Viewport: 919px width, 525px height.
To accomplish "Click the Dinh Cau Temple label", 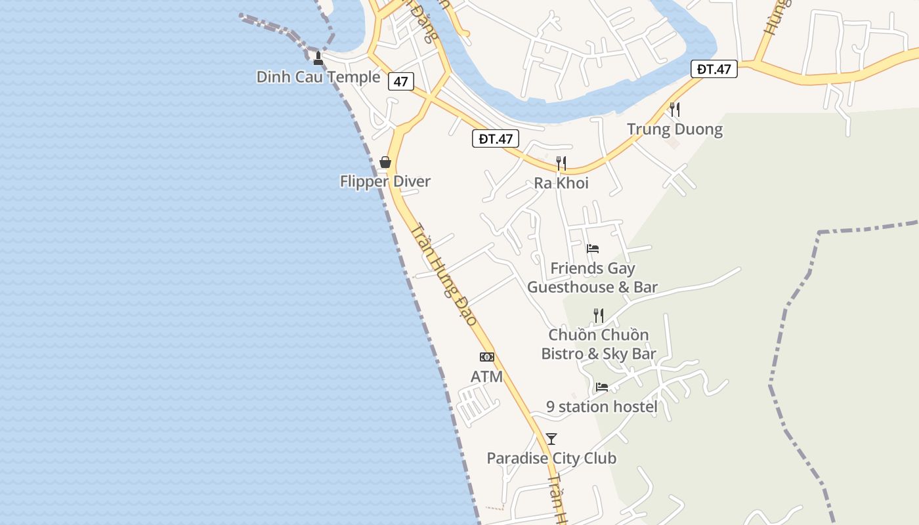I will (x=318, y=77).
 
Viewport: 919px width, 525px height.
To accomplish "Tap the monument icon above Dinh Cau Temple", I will (x=318, y=58).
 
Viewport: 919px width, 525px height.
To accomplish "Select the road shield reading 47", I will (x=400, y=81).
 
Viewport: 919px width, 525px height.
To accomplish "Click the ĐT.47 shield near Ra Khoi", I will (x=496, y=138).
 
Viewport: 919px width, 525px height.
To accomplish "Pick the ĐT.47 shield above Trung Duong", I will (x=714, y=69).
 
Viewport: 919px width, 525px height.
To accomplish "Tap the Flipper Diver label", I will (x=385, y=181).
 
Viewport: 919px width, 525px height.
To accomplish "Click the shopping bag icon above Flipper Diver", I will (x=385, y=162).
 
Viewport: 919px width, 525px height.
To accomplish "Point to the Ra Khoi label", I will (x=561, y=183).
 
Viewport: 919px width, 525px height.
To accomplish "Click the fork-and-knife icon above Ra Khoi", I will (x=561, y=163).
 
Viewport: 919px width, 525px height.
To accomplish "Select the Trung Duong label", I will (x=675, y=129).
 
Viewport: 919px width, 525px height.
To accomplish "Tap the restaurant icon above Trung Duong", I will (x=675, y=109).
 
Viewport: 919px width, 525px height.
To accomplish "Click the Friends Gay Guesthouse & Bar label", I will (x=593, y=278).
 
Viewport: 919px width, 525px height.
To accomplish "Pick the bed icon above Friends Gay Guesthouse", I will (x=593, y=249).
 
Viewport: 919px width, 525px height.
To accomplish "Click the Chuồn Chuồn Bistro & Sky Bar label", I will (x=599, y=345).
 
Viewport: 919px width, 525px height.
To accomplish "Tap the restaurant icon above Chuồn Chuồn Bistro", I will (x=598, y=315).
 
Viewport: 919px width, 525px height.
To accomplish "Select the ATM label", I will (x=487, y=377).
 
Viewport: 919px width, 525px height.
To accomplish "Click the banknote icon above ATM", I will (x=487, y=357).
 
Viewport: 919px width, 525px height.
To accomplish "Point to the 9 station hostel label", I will (x=602, y=407).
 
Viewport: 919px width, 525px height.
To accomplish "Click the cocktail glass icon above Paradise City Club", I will (x=551, y=439).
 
